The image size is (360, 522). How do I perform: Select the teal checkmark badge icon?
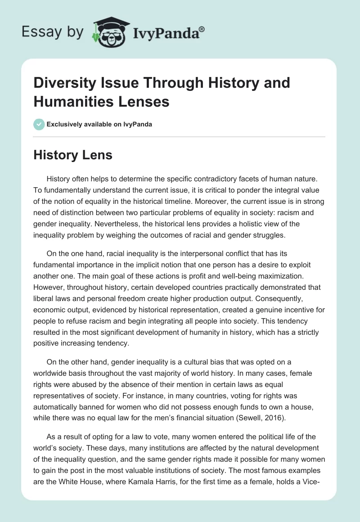39,124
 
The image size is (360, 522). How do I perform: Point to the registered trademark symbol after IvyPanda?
202,29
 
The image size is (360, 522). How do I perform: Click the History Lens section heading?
73,155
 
